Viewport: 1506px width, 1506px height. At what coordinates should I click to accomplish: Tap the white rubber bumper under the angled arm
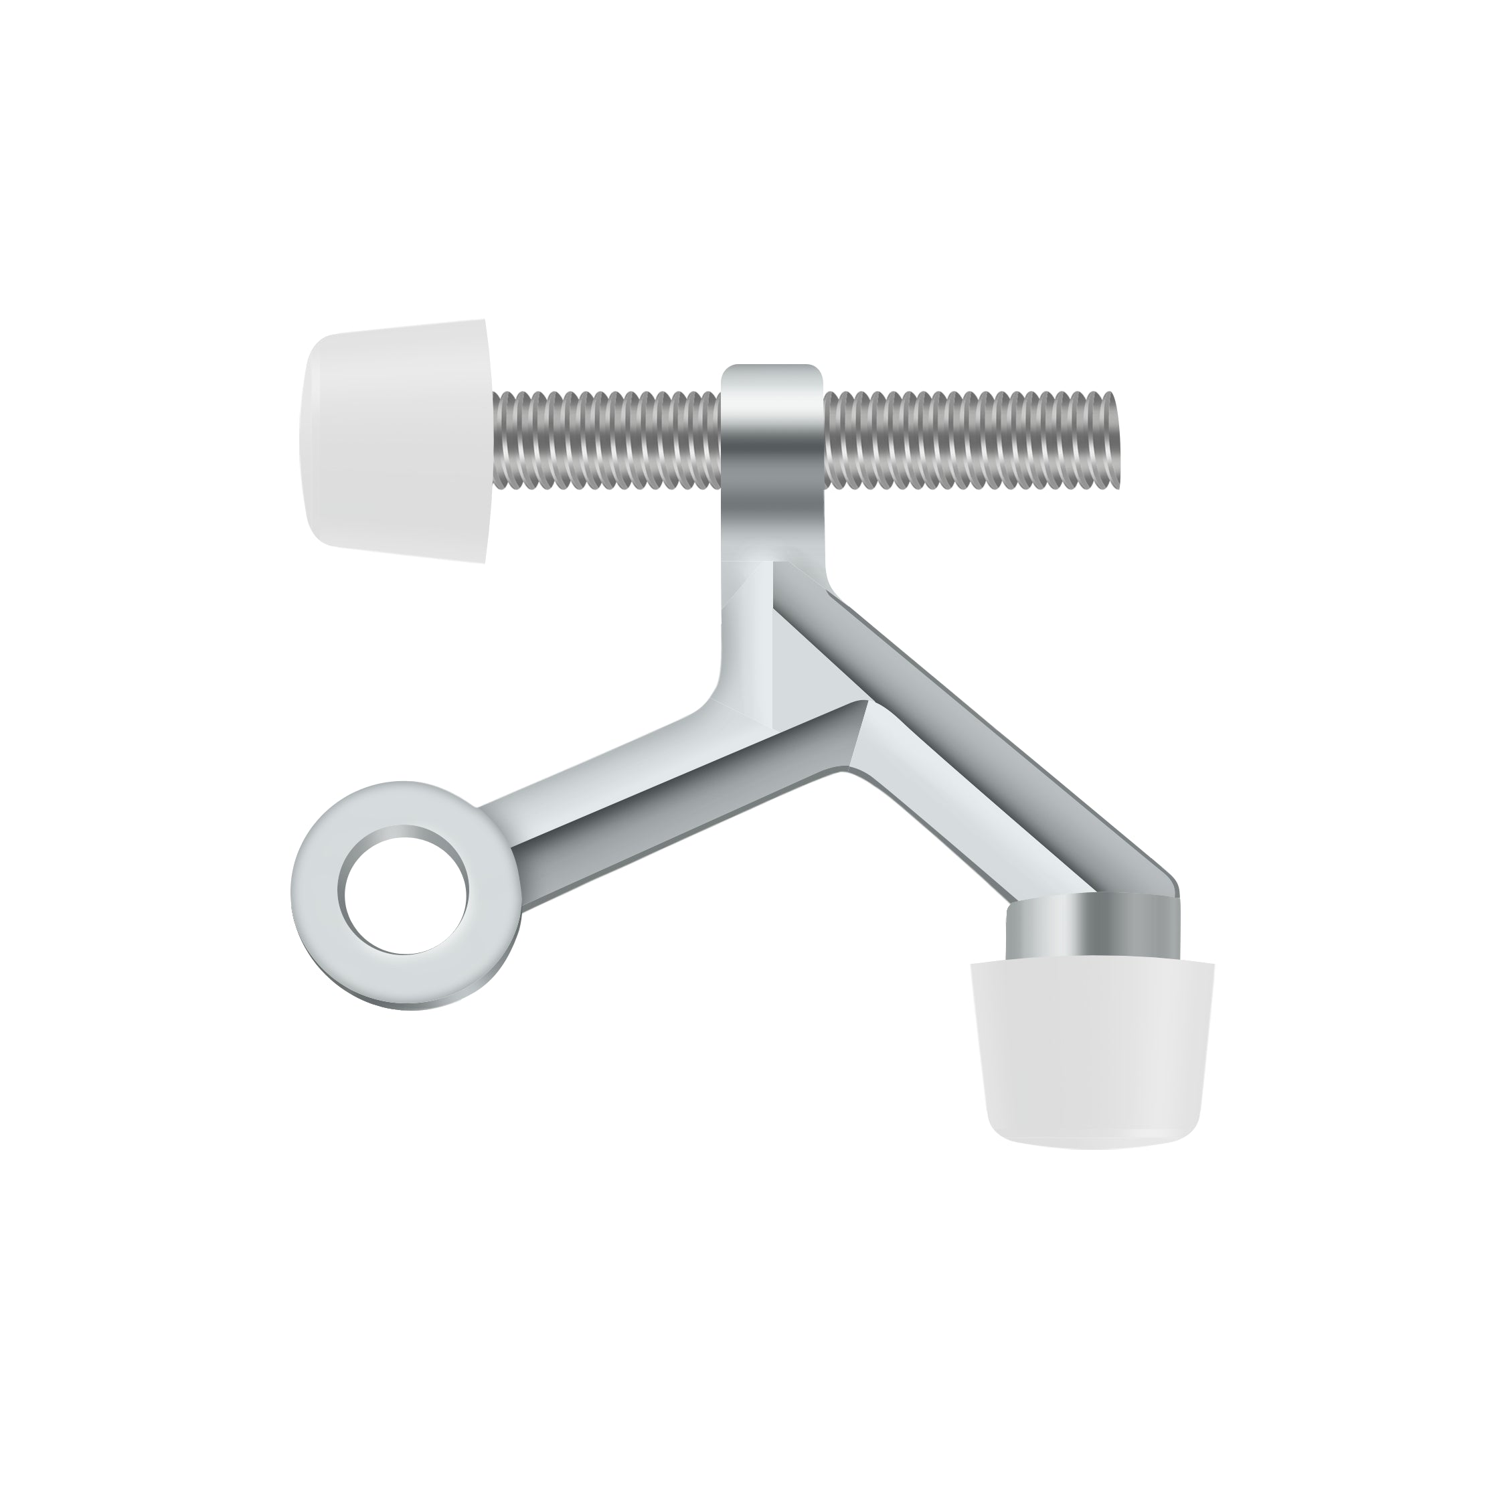pos(1091,1052)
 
